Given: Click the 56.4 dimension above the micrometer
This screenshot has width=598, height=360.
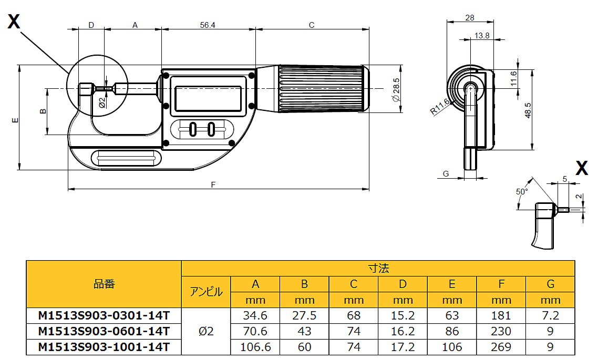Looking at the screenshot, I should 208,25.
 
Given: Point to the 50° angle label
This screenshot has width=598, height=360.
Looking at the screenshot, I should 521,192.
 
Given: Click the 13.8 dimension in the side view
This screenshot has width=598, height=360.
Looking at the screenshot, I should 481,36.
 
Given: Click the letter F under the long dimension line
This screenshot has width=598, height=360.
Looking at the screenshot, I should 213,184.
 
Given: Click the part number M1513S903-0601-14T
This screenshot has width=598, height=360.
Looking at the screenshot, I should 104,331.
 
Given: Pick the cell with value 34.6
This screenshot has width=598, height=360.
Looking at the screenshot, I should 255,316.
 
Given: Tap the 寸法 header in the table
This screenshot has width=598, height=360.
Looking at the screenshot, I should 378,268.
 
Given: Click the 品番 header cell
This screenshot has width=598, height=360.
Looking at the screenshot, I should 104,284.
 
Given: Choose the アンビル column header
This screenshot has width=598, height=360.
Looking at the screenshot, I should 206,292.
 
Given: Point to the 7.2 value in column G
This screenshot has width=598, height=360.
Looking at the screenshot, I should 550,316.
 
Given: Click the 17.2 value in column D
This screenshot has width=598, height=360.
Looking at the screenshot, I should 403,347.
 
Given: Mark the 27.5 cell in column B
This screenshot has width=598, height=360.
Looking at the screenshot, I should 304,316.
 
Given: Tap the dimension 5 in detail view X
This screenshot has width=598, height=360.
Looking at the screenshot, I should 565,179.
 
